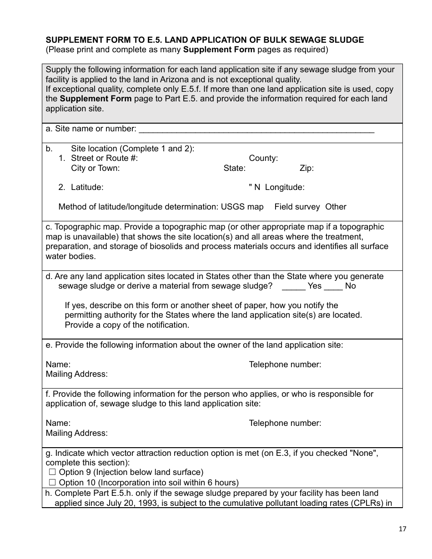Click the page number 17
(x=402, y=529)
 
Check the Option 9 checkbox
(x=52, y=473)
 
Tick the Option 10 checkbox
(x=52, y=483)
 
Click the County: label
(x=263, y=159)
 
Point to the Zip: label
(x=306, y=169)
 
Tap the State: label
(x=234, y=169)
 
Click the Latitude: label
(x=87, y=187)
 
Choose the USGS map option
(x=242, y=207)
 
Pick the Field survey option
(x=297, y=207)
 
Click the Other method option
(x=336, y=207)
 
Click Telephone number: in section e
(x=285, y=364)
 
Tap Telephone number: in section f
(x=285, y=423)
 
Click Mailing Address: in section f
(x=77, y=433)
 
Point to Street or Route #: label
(x=104, y=159)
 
